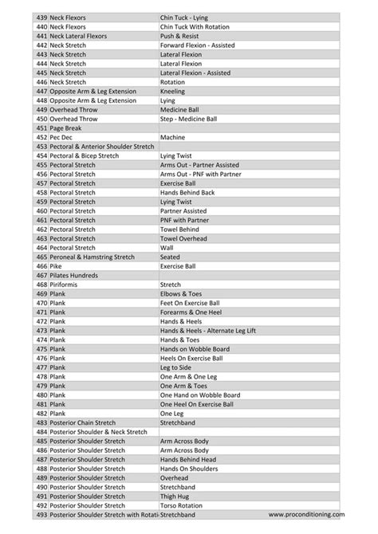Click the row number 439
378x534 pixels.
click(x=41, y=18)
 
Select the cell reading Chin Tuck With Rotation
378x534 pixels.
click(x=195, y=27)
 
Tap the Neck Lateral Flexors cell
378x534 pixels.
click(x=78, y=36)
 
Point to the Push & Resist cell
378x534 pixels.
click(x=179, y=36)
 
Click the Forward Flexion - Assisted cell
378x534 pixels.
click(x=197, y=45)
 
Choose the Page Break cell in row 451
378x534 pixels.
click(x=65, y=128)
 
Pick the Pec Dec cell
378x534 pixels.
click(x=61, y=137)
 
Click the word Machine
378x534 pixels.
click(x=172, y=137)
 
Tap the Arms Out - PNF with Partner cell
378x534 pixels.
click(x=200, y=174)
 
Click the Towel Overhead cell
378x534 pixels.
click(x=183, y=238)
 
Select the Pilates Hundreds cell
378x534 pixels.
click(x=74, y=276)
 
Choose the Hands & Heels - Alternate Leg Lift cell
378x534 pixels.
click(x=207, y=331)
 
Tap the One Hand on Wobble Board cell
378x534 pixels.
click(x=199, y=395)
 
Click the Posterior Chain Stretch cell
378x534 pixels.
click(x=82, y=423)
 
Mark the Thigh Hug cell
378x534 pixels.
click(x=175, y=497)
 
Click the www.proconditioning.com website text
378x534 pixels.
click(x=306, y=515)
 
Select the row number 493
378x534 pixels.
click(x=41, y=515)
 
